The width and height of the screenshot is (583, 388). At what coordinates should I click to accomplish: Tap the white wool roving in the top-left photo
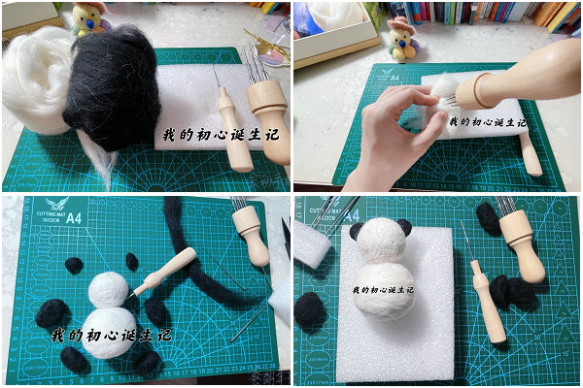tap(34, 82)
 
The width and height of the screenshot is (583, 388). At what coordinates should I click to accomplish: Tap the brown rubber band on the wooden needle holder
tap(476, 91)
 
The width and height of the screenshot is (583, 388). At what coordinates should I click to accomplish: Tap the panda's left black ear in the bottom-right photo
tap(358, 231)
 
